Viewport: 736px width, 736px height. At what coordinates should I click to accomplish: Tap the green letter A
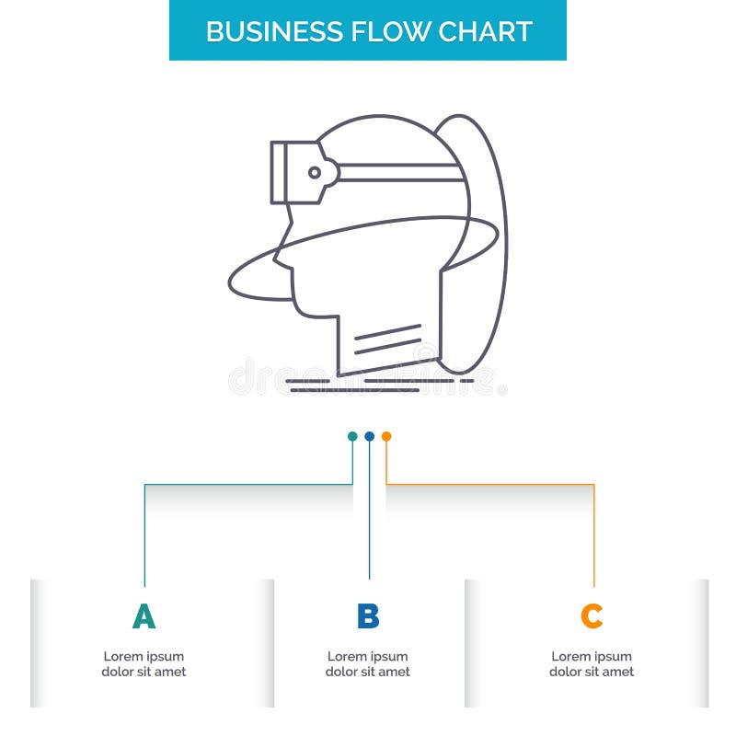point(144,616)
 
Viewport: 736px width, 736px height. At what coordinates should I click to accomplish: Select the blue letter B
point(368,616)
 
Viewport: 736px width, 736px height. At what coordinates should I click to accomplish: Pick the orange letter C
point(592,616)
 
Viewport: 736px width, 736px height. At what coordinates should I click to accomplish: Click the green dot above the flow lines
point(352,436)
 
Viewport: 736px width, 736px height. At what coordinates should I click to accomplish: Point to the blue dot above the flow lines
point(369,436)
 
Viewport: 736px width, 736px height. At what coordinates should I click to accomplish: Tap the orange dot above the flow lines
point(386,436)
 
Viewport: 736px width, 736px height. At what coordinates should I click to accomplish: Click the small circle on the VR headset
point(315,172)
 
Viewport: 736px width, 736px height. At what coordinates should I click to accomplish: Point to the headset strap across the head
point(400,172)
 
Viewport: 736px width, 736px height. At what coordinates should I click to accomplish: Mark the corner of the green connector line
point(144,484)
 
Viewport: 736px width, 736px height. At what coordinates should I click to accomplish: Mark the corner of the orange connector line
point(593,484)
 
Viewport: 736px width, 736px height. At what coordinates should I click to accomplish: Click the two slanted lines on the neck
point(387,339)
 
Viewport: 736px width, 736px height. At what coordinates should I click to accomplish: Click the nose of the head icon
point(278,261)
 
